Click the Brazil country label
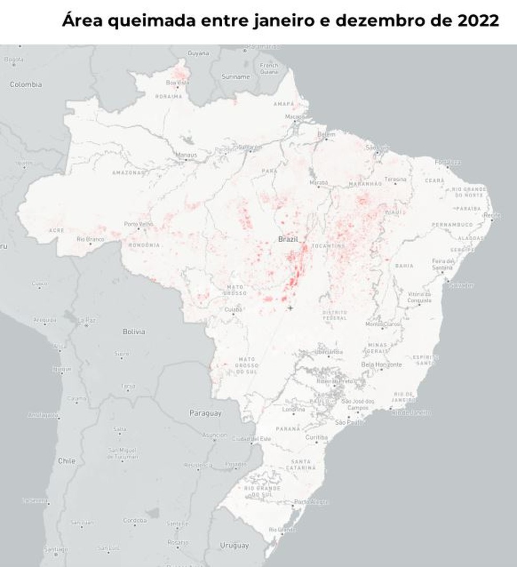click(288, 239)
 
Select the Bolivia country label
click(134, 332)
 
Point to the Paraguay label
click(205, 414)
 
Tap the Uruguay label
click(234, 545)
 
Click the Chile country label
click(67, 461)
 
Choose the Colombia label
click(26, 84)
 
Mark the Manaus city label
click(187, 155)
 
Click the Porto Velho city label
click(138, 224)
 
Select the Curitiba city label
click(316, 437)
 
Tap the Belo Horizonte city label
click(381, 364)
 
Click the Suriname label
click(236, 77)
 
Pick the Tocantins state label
click(328, 245)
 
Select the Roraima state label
click(168, 97)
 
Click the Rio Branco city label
click(90, 239)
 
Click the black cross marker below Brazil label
click(290, 308)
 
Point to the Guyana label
click(198, 53)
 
